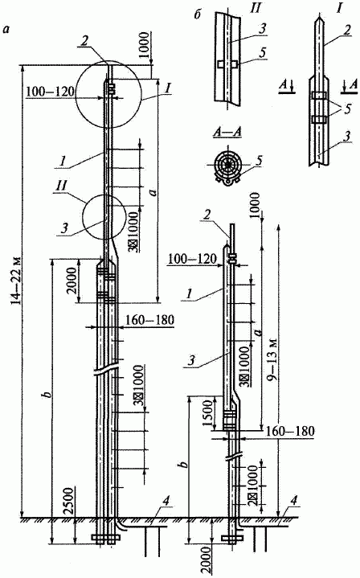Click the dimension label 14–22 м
tap(14, 280)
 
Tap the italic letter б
tap(198, 14)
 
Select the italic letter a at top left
tap(6, 30)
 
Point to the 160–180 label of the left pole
tap(149, 320)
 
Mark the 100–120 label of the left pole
tap(50, 91)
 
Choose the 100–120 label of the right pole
tap(192, 259)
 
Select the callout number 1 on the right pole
tap(190, 294)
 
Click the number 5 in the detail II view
tap(262, 53)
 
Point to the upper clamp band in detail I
tap(319, 96)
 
